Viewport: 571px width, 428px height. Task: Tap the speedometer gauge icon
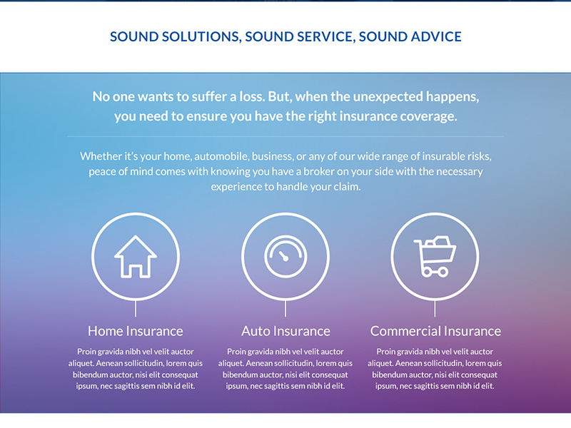[x=285, y=256]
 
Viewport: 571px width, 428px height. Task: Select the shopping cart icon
[x=434, y=256]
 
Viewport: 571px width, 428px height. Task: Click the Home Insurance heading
[x=136, y=331]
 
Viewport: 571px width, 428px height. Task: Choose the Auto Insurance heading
[x=285, y=331]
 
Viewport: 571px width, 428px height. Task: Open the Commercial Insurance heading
[x=435, y=331]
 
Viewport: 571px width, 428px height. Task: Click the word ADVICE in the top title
[x=430, y=36]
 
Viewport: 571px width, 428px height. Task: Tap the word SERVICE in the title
[x=315, y=36]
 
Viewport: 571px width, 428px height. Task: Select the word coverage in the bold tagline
[x=426, y=116]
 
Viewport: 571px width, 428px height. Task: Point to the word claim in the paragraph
[x=345, y=187]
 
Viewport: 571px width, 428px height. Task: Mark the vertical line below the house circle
[x=136, y=308]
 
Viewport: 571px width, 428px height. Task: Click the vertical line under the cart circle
[x=435, y=308]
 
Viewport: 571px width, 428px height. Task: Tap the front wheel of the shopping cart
[x=443, y=271]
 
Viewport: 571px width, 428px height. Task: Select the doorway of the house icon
[x=136, y=270]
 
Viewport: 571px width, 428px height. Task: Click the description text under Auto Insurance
[x=285, y=369]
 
